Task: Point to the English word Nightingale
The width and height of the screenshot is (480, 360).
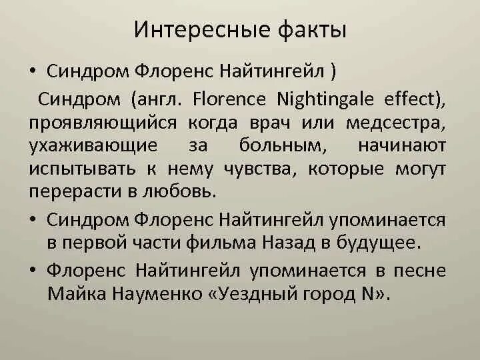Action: click(320, 100)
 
